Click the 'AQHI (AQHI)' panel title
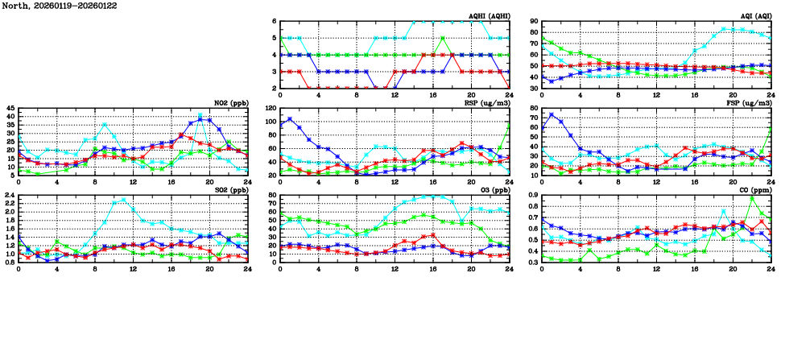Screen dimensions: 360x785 click(x=483, y=15)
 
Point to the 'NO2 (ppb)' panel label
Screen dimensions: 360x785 click(x=231, y=102)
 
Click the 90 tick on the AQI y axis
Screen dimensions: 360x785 click(x=533, y=22)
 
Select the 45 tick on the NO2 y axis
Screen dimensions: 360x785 click(x=10, y=108)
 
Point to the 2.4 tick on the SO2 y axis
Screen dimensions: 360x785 click(x=10, y=195)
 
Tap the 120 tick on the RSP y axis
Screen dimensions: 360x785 click(x=269, y=108)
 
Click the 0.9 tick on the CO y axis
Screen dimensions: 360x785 click(x=531, y=195)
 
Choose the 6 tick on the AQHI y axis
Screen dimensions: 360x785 click(x=275, y=22)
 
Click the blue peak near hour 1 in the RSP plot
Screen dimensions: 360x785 click(x=290, y=119)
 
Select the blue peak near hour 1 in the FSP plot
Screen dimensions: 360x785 click(x=552, y=114)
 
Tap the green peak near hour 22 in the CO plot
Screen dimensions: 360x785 click(x=752, y=198)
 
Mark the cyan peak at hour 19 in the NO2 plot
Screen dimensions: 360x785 click(x=200, y=115)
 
